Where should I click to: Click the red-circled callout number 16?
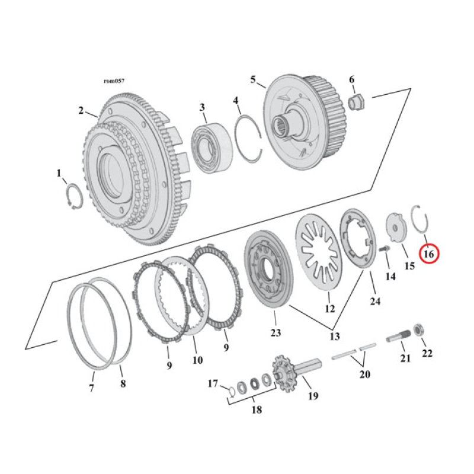(429, 254)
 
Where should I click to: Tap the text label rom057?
(114, 81)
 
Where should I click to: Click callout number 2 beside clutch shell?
(81, 110)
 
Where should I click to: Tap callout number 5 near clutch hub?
(253, 79)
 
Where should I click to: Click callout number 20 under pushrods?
(365, 374)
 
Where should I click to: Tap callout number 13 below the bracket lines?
(335, 336)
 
